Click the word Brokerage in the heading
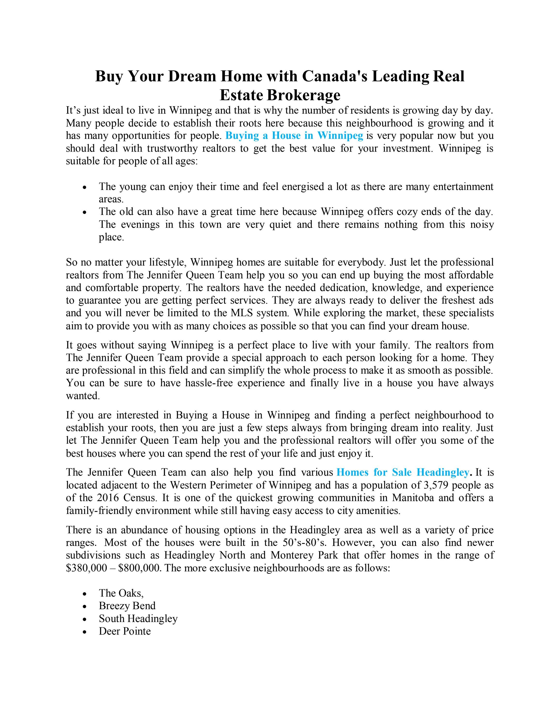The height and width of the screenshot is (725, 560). click(x=303, y=95)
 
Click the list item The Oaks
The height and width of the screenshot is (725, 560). click(x=121, y=593)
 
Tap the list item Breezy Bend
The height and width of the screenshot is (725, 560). click(x=127, y=606)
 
